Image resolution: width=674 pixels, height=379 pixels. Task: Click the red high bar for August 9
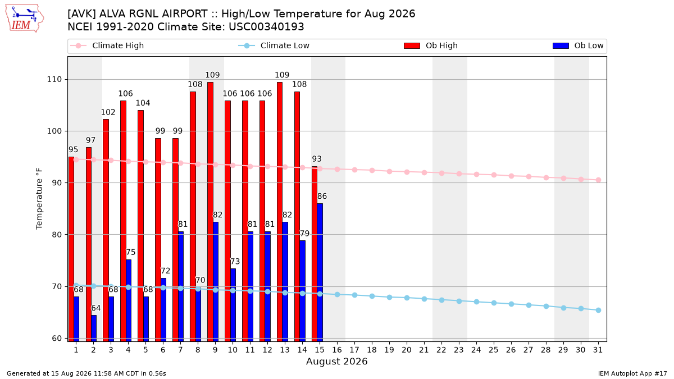click(210, 212)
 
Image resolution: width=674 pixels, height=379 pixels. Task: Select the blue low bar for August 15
click(320, 272)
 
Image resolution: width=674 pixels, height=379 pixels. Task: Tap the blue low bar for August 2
click(94, 328)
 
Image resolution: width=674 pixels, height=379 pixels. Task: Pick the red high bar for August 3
click(106, 230)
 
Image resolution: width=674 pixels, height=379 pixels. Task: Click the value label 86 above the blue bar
click(322, 196)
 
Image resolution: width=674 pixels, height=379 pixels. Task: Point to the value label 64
click(95, 308)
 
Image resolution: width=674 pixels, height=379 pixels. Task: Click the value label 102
click(108, 112)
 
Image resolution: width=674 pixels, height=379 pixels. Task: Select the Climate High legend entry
click(107, 45)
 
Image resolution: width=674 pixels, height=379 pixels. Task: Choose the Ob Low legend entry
click(578, 45)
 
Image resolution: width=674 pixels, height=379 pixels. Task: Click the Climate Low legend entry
click(274, 45)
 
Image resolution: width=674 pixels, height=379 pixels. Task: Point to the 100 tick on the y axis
click(54, 131)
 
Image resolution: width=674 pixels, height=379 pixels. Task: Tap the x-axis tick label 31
click(598, 350)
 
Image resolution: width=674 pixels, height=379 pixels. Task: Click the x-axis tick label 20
click(407, 350)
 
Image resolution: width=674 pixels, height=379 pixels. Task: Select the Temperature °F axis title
click(39, 199)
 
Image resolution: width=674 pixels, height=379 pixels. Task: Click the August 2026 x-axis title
click(336, 361)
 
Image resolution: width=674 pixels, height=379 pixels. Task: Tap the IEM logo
click(24, 19)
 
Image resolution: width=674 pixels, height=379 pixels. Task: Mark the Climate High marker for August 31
click(598, 180)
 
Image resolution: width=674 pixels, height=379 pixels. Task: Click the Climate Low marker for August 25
click(494, 303)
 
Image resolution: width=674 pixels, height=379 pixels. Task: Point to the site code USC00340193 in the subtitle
click(266, 27)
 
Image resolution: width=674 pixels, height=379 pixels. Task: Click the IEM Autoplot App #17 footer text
click(632, 373)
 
